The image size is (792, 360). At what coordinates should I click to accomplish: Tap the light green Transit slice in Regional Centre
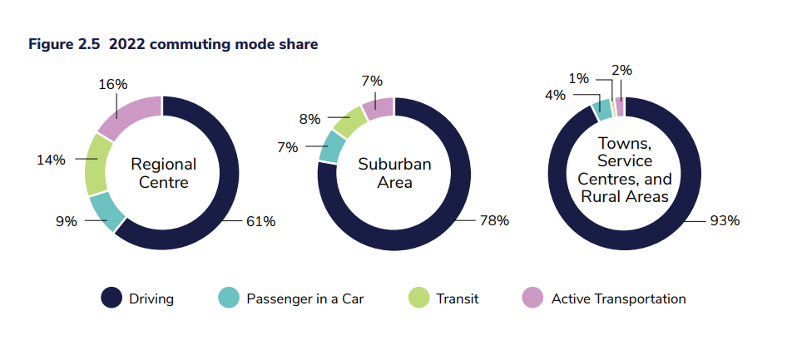tap(98, 162)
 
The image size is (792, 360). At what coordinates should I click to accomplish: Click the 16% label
tap(112, 84)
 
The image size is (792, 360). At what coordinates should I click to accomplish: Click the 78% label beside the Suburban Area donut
tap(493, 221)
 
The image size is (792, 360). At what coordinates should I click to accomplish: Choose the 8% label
tap(309, 119)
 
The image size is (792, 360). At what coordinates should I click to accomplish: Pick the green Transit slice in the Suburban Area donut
tap(350, 121)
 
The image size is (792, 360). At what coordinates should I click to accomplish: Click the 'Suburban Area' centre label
tap(394, 173)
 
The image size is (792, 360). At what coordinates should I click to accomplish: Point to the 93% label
tap(724, 221)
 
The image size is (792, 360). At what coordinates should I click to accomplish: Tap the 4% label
tap(555, 96)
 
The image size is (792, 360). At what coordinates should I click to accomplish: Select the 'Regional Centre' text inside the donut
tap(164, 173)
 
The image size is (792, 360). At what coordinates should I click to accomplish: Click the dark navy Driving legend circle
tap(111, 298)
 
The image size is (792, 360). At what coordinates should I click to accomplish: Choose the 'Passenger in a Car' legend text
tap(305, 298)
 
